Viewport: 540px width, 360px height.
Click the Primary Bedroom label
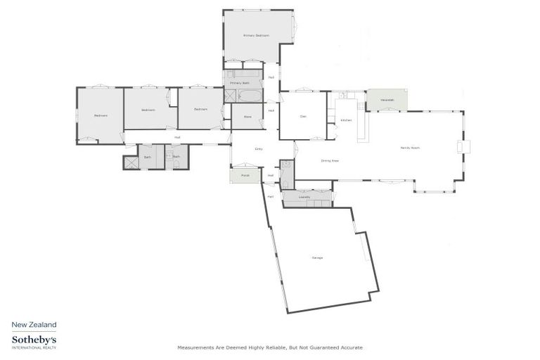(x=257, y=35)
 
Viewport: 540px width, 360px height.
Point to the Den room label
(x=303, y=116)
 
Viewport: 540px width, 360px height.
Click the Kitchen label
(x=346, y=120)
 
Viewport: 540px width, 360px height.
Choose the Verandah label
(x=387, y=100)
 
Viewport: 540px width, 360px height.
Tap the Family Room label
(x=410, y=148)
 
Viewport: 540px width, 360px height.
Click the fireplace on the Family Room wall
(x=463, y=146)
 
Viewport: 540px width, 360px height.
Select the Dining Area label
(x=330, y=160)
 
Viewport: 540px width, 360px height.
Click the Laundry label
(x=304, y=197)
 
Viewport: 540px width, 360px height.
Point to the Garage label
(x=317, y=258)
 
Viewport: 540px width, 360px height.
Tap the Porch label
(x=245, y=175)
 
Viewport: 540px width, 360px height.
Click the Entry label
(x=259, y=149)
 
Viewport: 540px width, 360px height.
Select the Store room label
(x=247, y=116)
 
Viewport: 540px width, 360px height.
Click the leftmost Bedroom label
(x=101, y=115)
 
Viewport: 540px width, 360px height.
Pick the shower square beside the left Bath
(x=130, y=162)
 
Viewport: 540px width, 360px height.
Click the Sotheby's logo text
(x=34, y=340)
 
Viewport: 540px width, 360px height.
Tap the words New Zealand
(x=34, y=324)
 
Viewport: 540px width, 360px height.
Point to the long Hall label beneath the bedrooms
(x=177, y=137)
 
